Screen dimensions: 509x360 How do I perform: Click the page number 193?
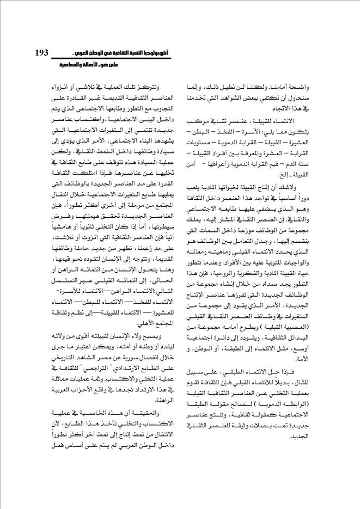tap(41, 53)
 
